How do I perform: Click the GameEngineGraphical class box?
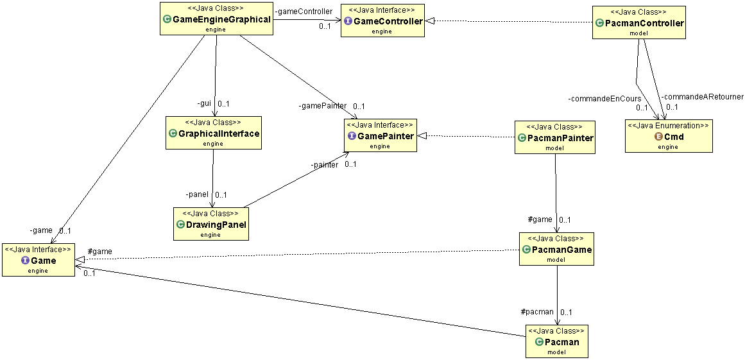tap(217, 19)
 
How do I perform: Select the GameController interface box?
tap(382, 21)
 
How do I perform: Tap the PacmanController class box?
tap(639, 22)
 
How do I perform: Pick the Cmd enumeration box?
tap(669, 136)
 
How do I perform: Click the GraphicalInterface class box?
tap(214, 132)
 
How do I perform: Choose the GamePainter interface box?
tap(380, 135)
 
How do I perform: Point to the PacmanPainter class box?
tap(555, 137)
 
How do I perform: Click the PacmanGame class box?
tap(556, 249)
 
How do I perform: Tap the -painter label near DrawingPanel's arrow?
tap(325, 165)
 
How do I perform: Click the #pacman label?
tap(537, 312)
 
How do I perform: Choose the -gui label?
tap(204, 103)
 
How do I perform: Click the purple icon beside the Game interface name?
tap(26, 261)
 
